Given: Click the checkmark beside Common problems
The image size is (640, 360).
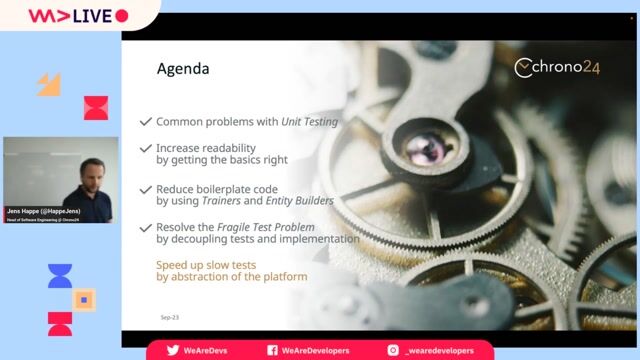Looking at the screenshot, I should tap(146, 122).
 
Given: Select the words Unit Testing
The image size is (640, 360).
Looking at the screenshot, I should tap(308, 122).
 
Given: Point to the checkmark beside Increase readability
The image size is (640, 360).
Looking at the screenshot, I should tap(146, 148).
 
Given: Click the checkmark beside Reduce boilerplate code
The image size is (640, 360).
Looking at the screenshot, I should tap(146, 189).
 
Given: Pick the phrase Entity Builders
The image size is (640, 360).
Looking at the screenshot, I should tap(301, 200).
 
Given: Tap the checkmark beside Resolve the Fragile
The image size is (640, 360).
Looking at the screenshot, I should tap(146, 228).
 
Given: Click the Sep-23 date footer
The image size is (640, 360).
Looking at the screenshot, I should tap(169, 317).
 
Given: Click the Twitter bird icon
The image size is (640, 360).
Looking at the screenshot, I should tap(173, 351).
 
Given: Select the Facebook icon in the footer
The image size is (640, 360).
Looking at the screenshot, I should tap(272, 351).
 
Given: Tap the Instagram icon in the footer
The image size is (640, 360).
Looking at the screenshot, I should tap(392, 351).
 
